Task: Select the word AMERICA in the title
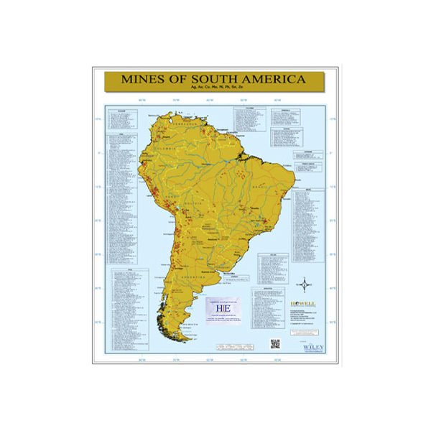(x=270, y=78)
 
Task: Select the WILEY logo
(x=314, y=346)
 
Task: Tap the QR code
(x=274, y=343)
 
